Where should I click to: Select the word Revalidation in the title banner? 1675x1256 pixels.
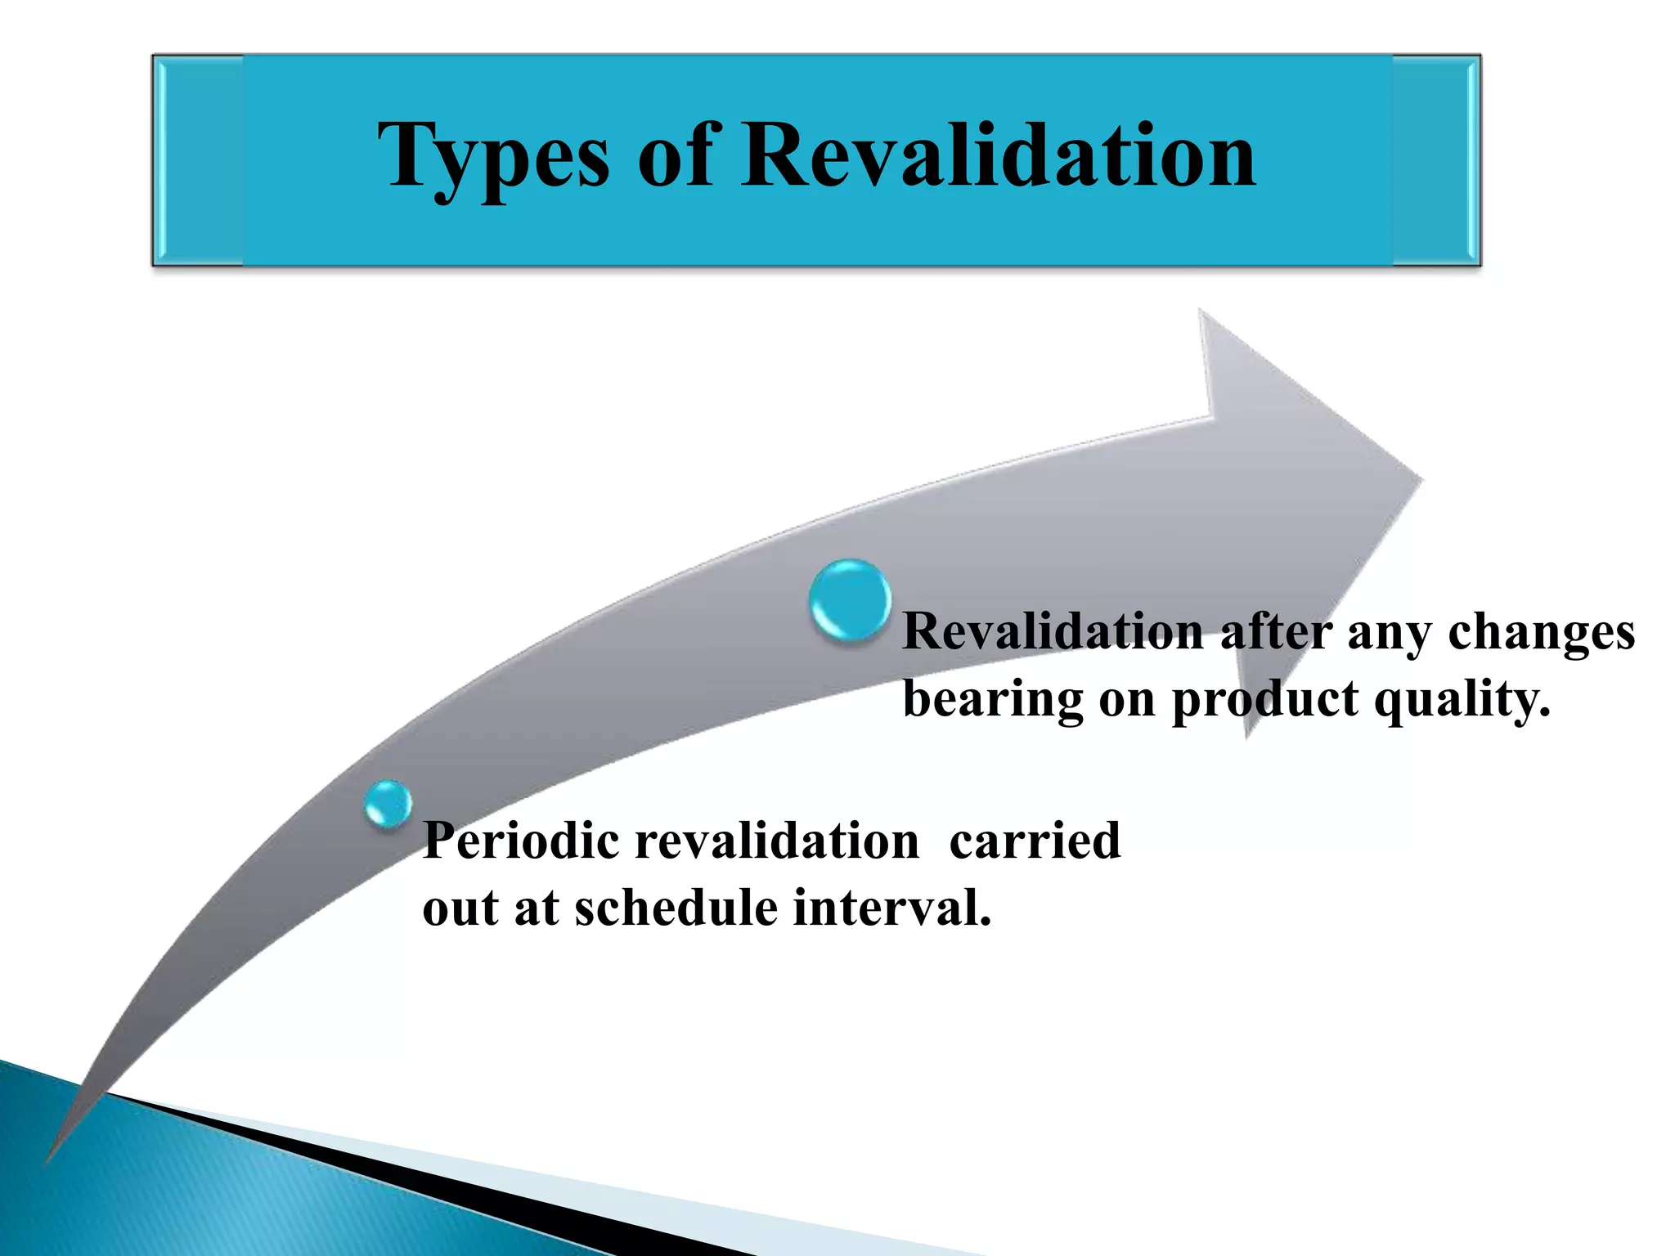[x=998, y=155]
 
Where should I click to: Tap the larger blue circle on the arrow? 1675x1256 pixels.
[x=850, y=600]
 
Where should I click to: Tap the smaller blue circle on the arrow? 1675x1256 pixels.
[x=388, y=803]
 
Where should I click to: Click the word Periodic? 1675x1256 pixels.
[x=520, y=841]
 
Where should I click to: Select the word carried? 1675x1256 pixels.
[x=1034, y=841]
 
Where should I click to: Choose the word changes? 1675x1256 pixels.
[x=1541, y=633]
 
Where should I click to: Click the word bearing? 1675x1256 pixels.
[x=991, y=700]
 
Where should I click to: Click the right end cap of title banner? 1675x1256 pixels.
[x=1436, y=160]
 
